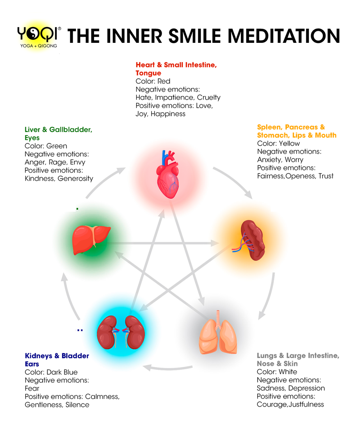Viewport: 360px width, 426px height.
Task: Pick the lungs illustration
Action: point(216,333)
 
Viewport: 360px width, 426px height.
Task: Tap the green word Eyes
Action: point(32,138)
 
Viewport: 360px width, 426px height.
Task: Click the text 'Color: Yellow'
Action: point(278,143)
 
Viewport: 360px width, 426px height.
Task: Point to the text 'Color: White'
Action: point(277,372)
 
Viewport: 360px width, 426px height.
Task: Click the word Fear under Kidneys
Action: point(32,389)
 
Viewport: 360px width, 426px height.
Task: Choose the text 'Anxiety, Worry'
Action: point(280,160)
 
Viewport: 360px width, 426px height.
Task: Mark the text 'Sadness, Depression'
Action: point(291,388)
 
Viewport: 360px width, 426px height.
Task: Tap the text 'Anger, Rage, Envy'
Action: point(55,162)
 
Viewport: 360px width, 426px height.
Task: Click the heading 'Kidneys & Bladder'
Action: point(57,356)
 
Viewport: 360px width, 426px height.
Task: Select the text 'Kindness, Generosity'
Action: point(59,178)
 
